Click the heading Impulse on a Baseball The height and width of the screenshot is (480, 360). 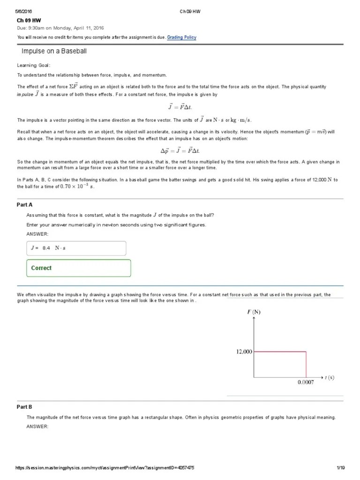[54, 51]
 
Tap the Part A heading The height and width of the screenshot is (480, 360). [25, 205]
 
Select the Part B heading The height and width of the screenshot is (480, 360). [25, 407]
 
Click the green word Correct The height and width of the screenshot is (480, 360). [41, 268]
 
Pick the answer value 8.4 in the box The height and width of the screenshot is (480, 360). [46, 247]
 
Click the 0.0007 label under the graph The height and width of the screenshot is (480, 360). [306, 382]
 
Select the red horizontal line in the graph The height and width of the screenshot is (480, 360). [280, 352]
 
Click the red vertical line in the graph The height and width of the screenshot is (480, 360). [306, 364]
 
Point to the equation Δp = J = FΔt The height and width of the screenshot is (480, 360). [180, 150]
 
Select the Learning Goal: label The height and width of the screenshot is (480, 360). [34, 65]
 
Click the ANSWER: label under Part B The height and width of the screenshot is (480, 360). [37, 426]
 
